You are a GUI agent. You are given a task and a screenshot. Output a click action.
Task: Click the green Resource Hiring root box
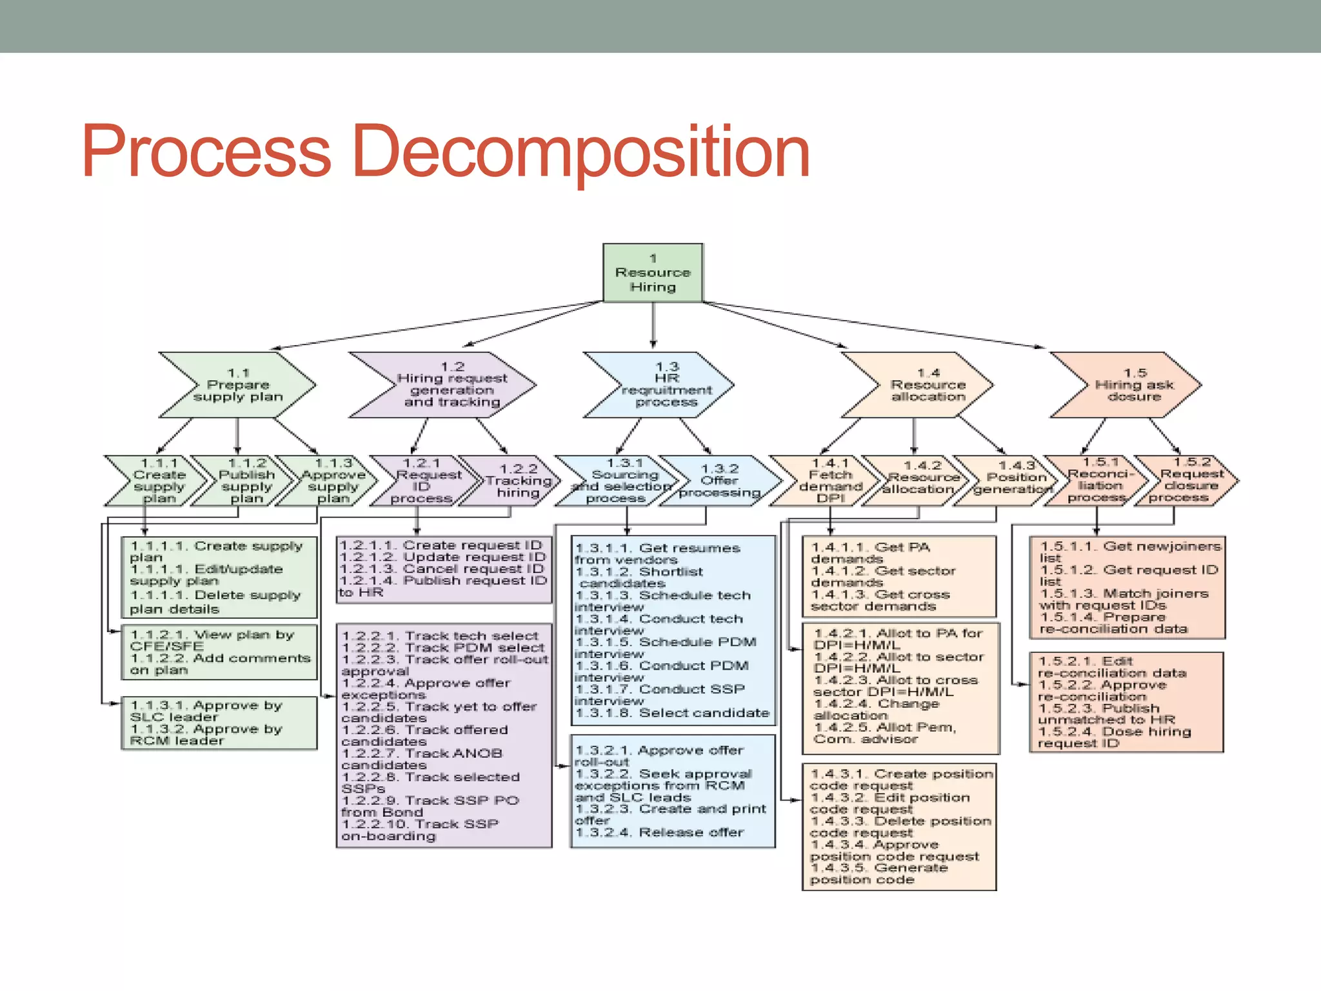coord(653,272)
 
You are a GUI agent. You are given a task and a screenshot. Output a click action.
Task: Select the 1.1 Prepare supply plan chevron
coord(238,385)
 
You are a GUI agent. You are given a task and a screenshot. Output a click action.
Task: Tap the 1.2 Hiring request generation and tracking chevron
coord(452,385)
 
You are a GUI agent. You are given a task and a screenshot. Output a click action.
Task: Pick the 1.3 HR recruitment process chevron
coord(666,385)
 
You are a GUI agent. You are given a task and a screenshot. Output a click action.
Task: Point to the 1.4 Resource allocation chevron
coord(928,385)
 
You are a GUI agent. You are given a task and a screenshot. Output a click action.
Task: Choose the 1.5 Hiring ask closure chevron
coord(1134,385)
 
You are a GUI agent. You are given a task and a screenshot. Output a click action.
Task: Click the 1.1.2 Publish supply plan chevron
coord(246,481)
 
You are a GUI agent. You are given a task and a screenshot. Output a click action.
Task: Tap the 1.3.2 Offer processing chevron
coord(719,481)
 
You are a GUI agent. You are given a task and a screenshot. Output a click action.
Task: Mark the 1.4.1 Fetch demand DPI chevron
coord(829,481)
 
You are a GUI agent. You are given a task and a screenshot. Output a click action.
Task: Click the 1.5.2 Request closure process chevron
coord(1191,480)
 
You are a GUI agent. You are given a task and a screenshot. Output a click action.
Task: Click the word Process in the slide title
coord(206,152)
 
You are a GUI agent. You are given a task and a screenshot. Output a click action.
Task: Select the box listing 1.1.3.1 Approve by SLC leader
coord(219,723)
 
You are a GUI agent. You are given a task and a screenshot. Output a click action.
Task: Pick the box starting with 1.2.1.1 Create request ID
coord(444,569)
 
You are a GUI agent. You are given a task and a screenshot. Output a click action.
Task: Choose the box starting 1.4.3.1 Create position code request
coord(899,826)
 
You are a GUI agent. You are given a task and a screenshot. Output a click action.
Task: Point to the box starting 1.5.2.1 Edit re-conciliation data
coord(1126,702)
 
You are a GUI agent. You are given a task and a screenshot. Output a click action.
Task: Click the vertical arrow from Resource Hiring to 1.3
coord(653,326)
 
